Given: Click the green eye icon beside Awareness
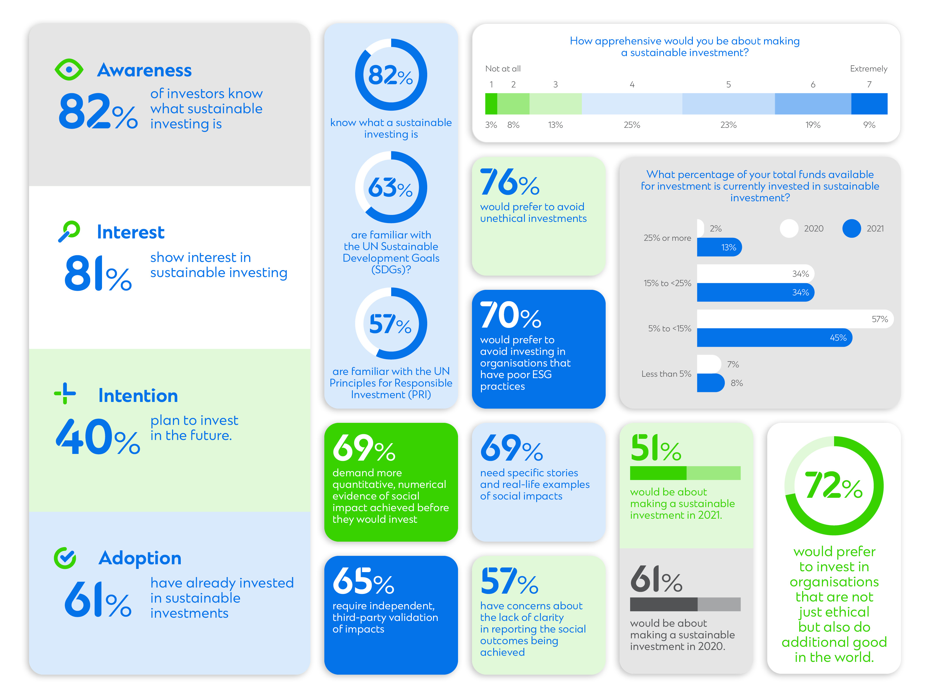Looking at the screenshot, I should pyautogui.click(x=69, y=69).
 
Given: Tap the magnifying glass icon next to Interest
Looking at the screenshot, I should pyautogui.click(x=69, y=231).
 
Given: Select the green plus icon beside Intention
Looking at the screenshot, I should pyautogui.click(x=65, y=393).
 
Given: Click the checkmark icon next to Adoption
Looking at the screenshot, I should pyautogui.click(x=65, y=558).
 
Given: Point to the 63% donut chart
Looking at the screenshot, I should pyautogui.click(x=391, y=187).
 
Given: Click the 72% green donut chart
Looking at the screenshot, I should pyautogui.click(x=834, y=486).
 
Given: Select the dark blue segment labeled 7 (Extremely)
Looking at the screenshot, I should pyautogui.click(x=869, y=104).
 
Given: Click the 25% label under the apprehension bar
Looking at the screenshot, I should pyautogui.click(x=632, y=125).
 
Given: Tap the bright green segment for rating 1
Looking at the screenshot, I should pyautogui.click(x=491, y=104).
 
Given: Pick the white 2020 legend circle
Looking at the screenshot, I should pyautogui.click(x=789, y=229).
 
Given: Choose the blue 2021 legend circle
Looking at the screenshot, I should pyautogui.click(x=851, y=229).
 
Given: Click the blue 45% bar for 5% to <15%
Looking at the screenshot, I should pyautogui.click(x=774, y=338).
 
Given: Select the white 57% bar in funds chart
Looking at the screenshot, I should pyautogui.click(x=795, y=319).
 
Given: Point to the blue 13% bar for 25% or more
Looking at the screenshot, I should pyautogui.click(x=719, y=247).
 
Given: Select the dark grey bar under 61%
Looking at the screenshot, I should pyautogui.click(x=663, y=604).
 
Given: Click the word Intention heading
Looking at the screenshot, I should pyautogui.click(x=138, y=396).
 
